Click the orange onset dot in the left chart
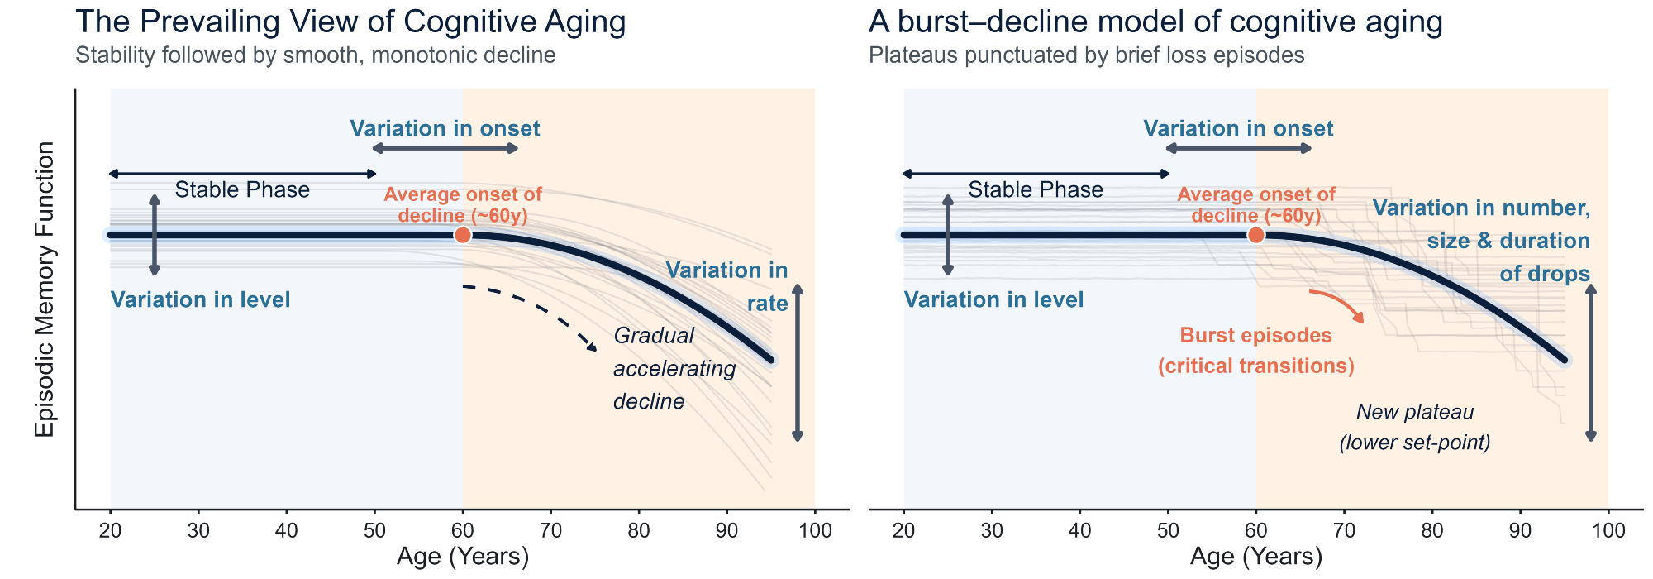click(463, 235)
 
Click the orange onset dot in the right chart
click(1256, 235)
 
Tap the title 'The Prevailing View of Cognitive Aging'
click(350, 22)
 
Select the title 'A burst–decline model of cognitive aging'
click(1155, 22)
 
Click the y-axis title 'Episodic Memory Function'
click(45, 289)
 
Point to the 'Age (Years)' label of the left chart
click(463, 556)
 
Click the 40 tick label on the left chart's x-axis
click(287, 529)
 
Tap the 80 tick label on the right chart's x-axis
click(1432, 529)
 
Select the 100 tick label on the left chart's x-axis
click(815, 529)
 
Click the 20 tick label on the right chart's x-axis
click(904, 529)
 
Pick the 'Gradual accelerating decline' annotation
click(674, 368)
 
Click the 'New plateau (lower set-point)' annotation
click(1415, 427)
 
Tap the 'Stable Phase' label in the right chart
click(1036, 189)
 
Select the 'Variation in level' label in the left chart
click(201, 299)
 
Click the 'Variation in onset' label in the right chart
click(1238, 128)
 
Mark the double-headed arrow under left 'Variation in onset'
click(445, 148)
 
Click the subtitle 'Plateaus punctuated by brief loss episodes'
click(1087, 55)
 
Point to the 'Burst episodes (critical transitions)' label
click(1256, 351)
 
